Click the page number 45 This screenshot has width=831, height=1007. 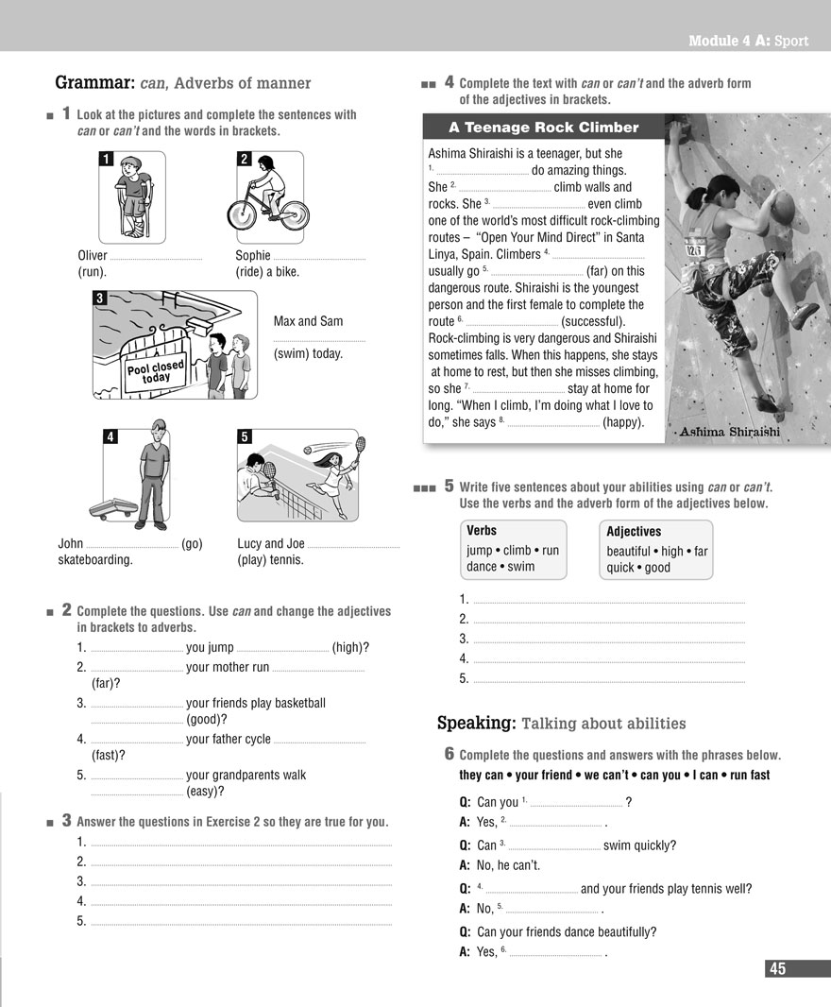point(777,968)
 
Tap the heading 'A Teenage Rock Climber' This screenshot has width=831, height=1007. point(544,128)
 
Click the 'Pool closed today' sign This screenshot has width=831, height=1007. point(157,371)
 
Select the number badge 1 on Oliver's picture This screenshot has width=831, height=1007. point(107,159)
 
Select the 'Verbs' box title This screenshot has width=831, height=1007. point(482,531)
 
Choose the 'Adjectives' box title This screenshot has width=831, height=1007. point(634,532)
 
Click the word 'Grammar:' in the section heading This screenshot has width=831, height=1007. point(93,83)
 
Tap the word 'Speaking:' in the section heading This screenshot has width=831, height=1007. point(476,724)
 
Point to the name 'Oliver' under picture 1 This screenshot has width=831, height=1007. point(93,255)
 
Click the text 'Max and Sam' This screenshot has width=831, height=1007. point(308,321)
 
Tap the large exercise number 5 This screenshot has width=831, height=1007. point(449,486)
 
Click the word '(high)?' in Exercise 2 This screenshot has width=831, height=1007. point(350,647)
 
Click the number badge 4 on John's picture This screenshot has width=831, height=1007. point(110,436)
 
